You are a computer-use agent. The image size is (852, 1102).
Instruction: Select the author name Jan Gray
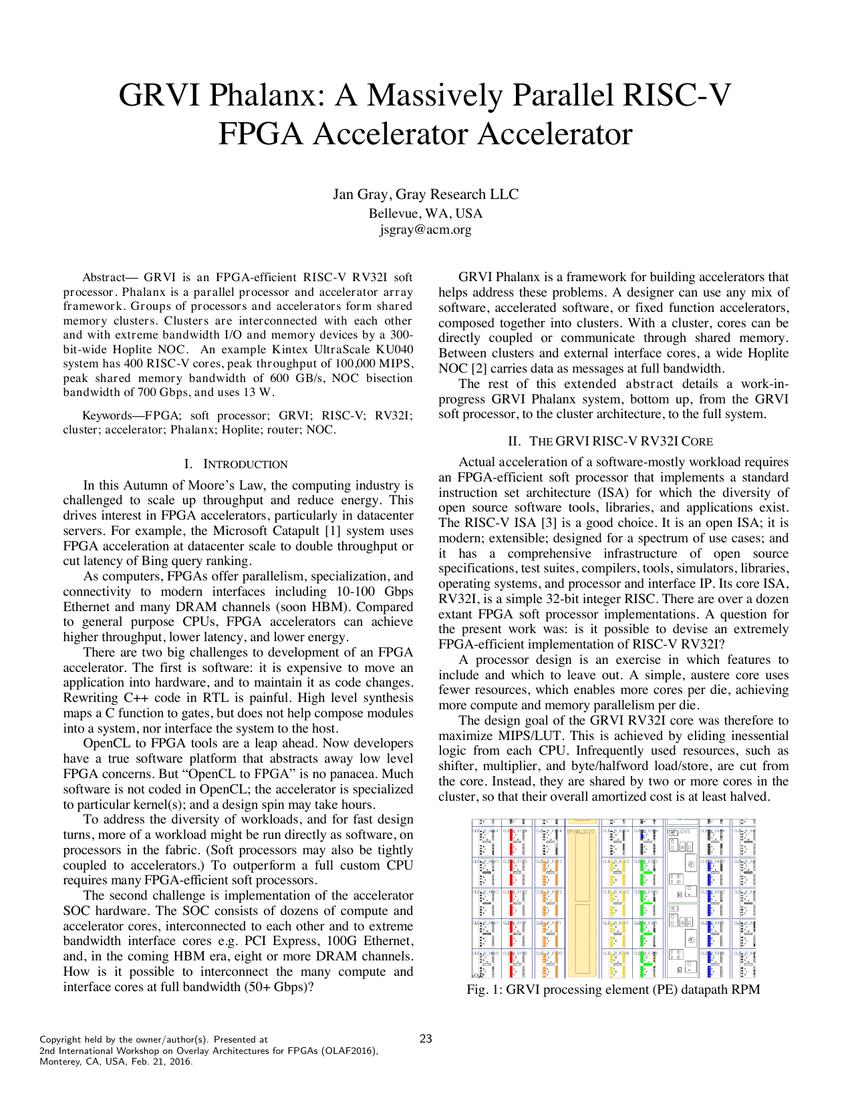[360, 194]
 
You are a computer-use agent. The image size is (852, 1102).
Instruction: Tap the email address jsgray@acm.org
[426, 230]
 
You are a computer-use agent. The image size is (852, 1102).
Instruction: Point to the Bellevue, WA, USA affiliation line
[426, 214]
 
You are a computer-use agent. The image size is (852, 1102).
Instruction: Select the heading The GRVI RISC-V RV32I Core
[621, 441]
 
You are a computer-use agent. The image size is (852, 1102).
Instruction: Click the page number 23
[426, 1039]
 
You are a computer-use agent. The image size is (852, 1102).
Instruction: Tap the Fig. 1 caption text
[613, 990]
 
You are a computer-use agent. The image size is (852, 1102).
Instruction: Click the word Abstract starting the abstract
[104, 278]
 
